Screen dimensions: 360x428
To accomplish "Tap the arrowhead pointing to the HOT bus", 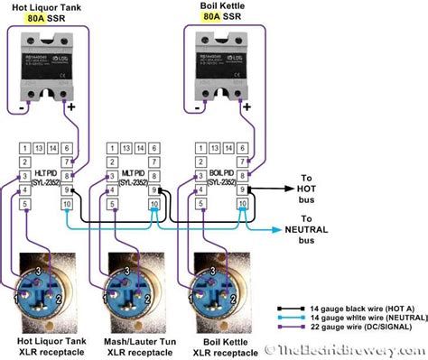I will [x=265, y=189].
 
